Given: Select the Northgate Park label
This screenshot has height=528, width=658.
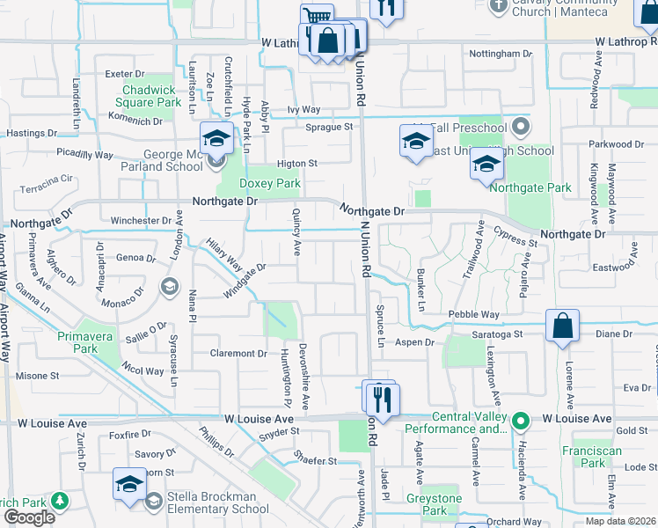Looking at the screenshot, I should point(530,187).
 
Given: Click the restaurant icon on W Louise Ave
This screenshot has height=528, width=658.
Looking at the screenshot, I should point(382,399).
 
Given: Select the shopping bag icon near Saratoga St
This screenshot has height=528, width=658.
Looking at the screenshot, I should point(562,326).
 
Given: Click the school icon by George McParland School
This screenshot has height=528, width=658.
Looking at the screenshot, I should point(216,139).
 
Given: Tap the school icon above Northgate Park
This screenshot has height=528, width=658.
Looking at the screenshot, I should point(486,164).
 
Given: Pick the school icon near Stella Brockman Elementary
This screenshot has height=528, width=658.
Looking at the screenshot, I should point(129,485).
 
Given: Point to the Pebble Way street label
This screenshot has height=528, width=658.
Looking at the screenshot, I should point(473,314).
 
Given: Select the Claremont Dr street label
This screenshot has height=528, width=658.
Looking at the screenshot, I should point(238,354).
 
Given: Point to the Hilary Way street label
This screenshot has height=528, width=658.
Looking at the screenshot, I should point(223,253).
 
